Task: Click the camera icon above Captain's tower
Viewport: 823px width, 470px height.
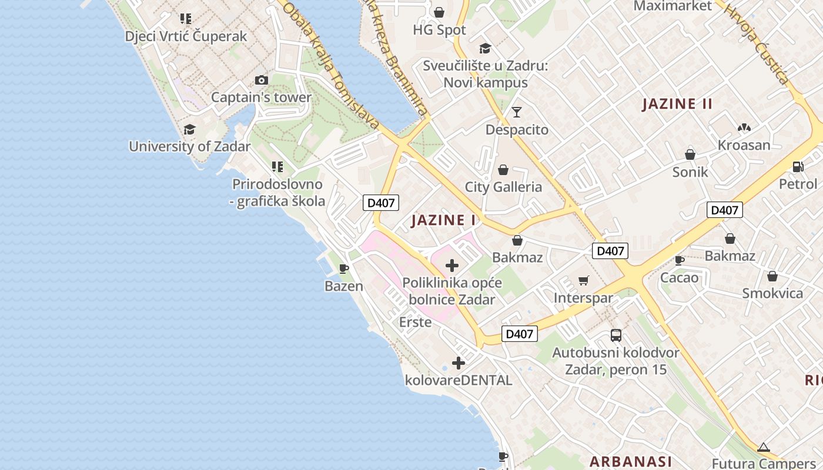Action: pos(262,80)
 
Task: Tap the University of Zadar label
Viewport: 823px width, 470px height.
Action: pos(189,146)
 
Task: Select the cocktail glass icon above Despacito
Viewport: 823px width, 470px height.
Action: pos(517,112)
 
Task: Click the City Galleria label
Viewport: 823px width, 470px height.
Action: pos(503,187)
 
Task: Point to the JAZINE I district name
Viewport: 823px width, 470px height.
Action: pos(444,220)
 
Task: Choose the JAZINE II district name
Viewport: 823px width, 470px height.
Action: pos(677,104)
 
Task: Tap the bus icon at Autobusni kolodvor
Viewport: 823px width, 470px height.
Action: pos(615,335)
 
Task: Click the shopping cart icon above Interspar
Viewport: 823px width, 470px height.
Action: pos(583,280)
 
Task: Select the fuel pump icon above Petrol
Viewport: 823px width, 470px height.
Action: pos(798,167)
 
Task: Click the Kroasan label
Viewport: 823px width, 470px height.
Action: pos(744,145)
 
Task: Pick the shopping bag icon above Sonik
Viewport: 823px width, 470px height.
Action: pos(690,155)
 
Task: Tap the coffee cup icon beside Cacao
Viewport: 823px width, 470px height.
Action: pos(680,260)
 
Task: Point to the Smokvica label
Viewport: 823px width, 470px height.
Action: pos(772,293)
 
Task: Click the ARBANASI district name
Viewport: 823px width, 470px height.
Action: pos(631,461)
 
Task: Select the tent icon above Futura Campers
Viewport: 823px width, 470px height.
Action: pos(764,448)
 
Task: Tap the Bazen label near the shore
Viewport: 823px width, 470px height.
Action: pos(344,286)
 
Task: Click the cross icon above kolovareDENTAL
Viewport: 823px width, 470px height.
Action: pos(459,363)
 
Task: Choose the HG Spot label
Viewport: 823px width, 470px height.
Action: pos(439,30)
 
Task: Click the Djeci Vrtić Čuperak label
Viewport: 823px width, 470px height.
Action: pos(186,36)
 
